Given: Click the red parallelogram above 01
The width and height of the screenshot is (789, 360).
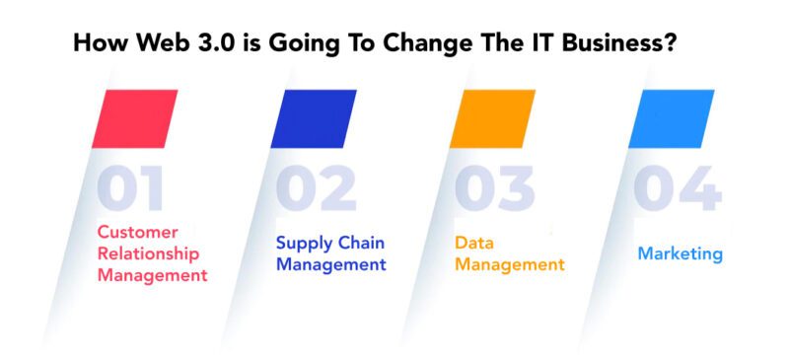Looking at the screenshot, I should coord(135,118).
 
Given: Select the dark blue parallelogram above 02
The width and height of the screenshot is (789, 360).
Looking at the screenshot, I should coord(314,118).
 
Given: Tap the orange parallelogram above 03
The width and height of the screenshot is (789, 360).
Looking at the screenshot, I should coord(492,118).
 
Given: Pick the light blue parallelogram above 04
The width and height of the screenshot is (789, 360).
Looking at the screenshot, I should coord(671,118).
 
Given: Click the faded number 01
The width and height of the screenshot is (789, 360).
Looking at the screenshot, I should coord(131,189).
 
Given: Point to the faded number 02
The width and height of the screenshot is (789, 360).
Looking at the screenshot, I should coord(315,189).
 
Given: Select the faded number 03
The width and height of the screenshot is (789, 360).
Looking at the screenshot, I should coord(493,189).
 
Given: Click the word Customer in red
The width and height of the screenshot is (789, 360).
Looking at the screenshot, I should coord(137,233).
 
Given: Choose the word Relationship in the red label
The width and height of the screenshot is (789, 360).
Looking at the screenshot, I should coord(148,254).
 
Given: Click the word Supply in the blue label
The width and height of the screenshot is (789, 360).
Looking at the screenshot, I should coord(302,243).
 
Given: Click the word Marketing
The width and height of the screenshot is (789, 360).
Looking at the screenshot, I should coord(680,253).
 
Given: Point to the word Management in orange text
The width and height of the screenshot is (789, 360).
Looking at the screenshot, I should coord(509,264).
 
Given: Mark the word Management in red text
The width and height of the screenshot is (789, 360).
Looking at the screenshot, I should coord(152,276).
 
